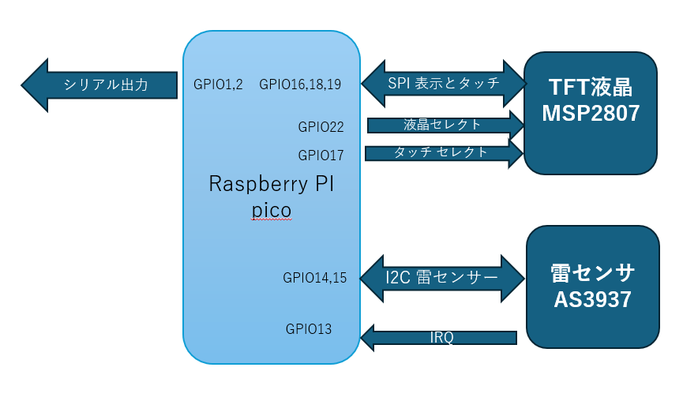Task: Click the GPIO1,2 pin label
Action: (218, 84)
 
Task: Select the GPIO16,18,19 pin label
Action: (300, 84)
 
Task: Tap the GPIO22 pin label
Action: (321, 127)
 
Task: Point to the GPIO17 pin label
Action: (321, 156)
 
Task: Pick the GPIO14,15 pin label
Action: (315, 278)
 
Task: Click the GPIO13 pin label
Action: (309, 329)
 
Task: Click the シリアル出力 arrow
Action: (99, 85)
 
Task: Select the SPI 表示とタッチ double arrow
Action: (444, 83)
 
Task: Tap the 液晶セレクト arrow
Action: (445, 125)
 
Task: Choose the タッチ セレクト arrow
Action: (445, 153)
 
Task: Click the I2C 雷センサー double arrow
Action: (442, 279)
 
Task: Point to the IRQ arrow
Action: (438, 338)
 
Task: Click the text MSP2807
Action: (591, 113)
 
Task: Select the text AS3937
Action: (592, 299)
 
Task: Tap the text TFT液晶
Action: (591, 87)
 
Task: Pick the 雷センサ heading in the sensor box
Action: (592, 273)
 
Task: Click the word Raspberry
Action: (258, 184)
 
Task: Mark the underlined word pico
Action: (272, 210)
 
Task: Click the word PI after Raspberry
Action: (325, 183)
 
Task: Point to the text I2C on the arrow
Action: (397, 278)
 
